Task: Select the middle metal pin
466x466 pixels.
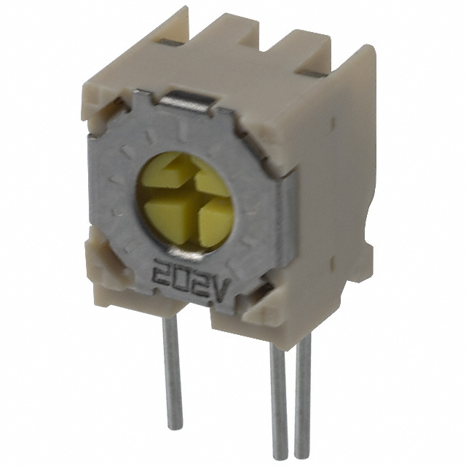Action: [278, 397]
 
